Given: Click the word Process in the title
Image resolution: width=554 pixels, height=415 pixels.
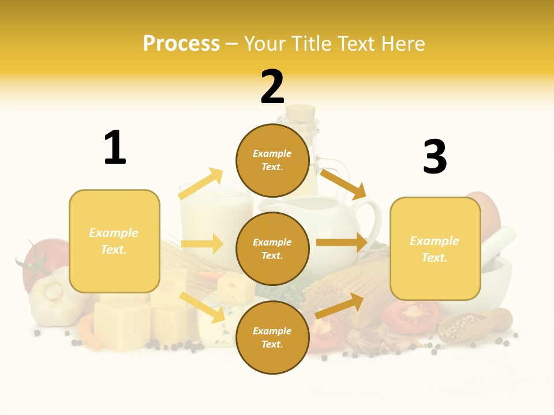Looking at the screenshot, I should pyautogui.click(x=181, y=44).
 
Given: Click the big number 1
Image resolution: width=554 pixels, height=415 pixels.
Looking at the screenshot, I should pyautogui.click(x=115, y=148).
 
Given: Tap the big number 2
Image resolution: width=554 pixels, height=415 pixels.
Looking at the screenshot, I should pyautogui.click(x=272, y=87).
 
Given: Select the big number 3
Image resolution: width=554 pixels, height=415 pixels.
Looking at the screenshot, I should pyautogui.click(x=435, y=157).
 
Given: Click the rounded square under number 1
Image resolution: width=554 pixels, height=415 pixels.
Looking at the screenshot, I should pyautogui.click(x=114, y=241).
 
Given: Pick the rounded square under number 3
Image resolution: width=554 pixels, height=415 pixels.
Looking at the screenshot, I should pyautogui.click(x=435, y=248).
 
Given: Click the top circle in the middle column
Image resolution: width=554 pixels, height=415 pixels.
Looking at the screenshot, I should pyautogui.click(x=272, y=160).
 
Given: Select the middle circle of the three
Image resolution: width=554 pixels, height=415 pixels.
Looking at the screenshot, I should pyautogui.click(x=272, y=248).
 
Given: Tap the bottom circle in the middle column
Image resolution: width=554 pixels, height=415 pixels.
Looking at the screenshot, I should pyautogui.click(x=272, y=337).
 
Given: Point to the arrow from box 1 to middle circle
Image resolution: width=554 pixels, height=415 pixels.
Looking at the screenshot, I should pyautogui.click(x=202, y=244).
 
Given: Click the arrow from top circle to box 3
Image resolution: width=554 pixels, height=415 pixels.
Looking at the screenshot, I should pyautogui.click(x=343, y=184).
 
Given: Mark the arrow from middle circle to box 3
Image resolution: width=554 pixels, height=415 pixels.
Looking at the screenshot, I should pyautogui.click(x=342, y=243).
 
